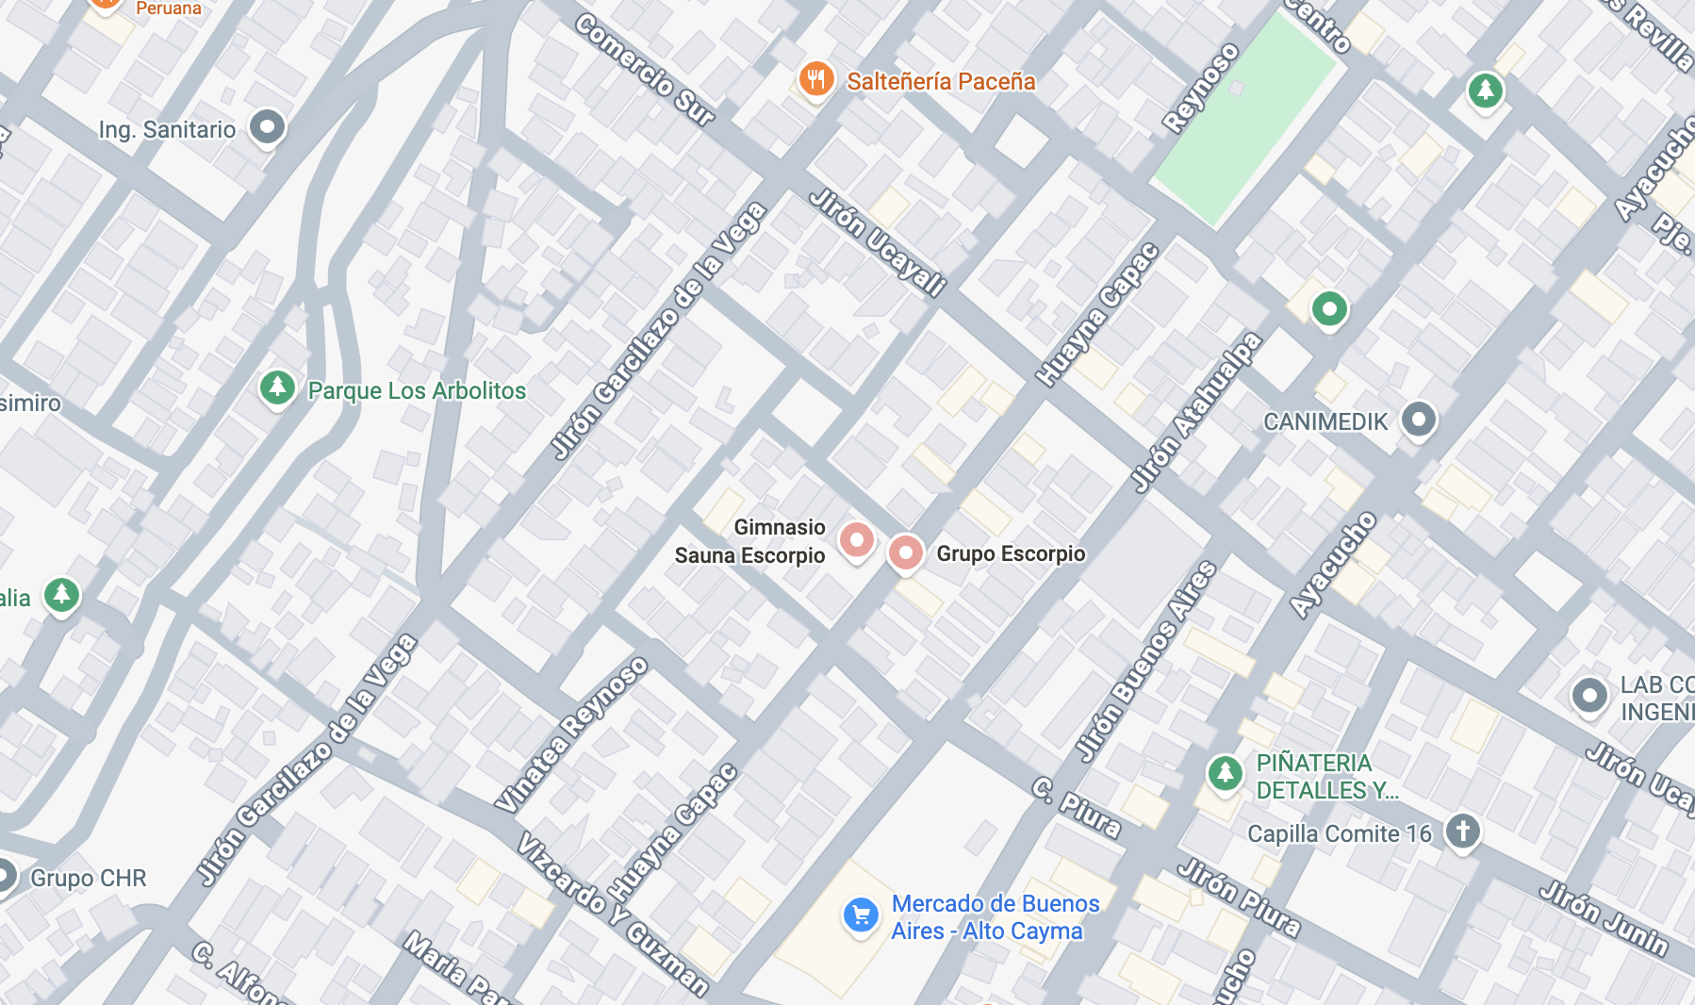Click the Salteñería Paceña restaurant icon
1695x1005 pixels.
click(x=816, y=79)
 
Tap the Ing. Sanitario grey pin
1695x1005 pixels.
click(x=267, y=126)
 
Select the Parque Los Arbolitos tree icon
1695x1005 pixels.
click(x=277, y=387)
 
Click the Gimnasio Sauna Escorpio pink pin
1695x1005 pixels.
click(x=856, y=540)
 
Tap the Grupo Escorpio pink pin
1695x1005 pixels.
click(x=905, y=552)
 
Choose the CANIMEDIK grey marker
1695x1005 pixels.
click(x=1418, y=419)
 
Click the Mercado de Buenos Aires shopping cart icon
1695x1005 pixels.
click(x=861, y=914)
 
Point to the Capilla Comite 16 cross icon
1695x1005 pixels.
click(x=1462, y=831)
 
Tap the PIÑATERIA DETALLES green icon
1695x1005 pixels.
click(x=1225, y=773)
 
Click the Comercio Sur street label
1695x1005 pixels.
click(x=646, y=70)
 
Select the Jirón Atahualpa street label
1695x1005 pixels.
click(x=1195, y=412)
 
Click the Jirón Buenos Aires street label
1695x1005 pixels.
click(x=1146, y=660)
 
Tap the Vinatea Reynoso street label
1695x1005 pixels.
click(x=572, y=734)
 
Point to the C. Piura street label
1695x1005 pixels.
click(x=1076, y=808)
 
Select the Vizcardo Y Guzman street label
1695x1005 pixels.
click(x=612, y=914)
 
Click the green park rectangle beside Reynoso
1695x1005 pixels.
click(x=1243, y=118)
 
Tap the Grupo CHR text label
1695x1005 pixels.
click(x=89, y=878)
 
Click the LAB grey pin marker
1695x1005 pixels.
click(x=1589, y=696)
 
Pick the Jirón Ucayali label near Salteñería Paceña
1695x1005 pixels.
click(x=877, y=242)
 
